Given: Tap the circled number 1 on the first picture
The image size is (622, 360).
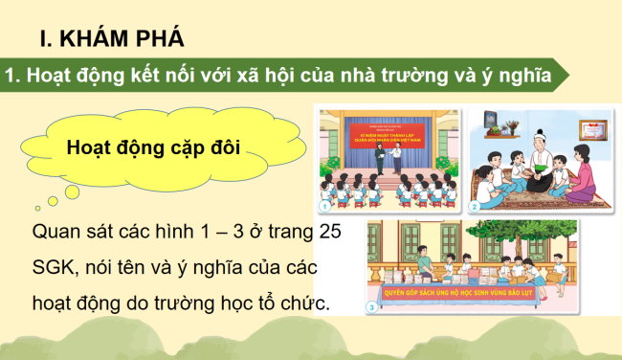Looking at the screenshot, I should [x=325, y=205].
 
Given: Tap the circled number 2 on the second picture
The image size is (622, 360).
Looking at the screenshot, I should [x=473, y=205].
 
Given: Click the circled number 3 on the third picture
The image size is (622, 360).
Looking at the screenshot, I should [x=374, y=306].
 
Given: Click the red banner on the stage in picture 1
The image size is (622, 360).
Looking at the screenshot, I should [x=388, y=128].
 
